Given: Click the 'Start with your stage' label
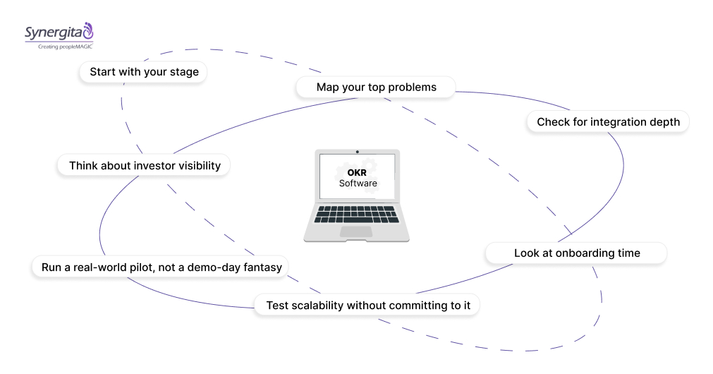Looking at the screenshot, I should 144,72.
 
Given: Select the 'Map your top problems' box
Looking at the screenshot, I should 376,88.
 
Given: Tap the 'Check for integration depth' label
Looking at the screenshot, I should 608,122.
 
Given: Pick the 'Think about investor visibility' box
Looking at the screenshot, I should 145,166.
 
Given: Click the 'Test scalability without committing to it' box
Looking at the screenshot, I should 367,306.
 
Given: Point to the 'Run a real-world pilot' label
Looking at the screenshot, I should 161,267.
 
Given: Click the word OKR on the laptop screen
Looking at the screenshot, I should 358,171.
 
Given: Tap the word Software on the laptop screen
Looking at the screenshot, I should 358,183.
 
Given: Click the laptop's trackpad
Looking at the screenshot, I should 357,231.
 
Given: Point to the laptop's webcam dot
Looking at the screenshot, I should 358,152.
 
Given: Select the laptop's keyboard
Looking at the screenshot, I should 357,214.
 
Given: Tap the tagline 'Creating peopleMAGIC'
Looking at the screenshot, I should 59,46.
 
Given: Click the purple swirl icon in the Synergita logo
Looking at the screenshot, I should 87,30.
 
